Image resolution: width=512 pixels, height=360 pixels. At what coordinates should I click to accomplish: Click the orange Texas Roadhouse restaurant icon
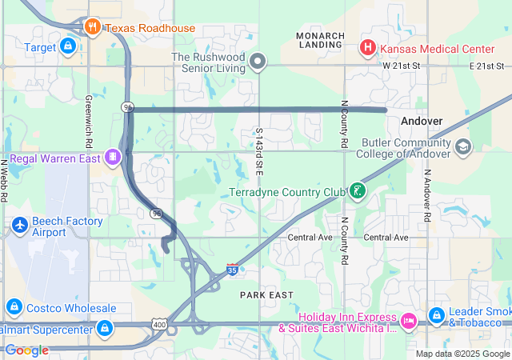[94, 28]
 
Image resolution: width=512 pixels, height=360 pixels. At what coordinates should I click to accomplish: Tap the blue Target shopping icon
[68, 47]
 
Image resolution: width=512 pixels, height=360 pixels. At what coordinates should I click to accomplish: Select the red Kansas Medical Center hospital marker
[368, 47]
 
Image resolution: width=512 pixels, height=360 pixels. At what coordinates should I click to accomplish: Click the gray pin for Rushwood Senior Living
[258, 61]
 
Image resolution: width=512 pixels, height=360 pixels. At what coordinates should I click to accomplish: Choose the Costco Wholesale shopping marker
[14, 308]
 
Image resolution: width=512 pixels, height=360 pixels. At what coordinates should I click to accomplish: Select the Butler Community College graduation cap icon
[463, 147]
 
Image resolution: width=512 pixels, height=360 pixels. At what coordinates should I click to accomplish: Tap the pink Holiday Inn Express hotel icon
[408, 321]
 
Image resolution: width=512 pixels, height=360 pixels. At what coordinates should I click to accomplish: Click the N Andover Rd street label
[428, 195]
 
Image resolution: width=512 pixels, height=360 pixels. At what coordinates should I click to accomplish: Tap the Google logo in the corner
[27, 350]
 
